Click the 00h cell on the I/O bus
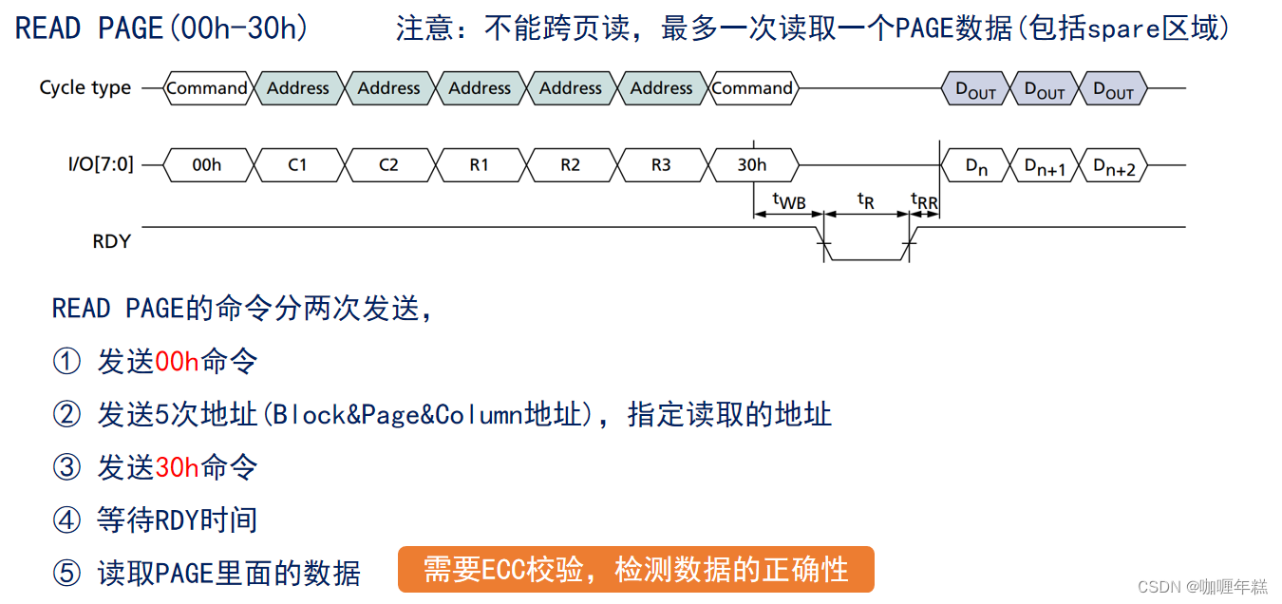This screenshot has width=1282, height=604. point(206,165)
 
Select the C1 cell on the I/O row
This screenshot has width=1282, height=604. point(297,165)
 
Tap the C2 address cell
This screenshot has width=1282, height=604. point(388,165)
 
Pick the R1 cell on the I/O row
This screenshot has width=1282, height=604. point(480,165)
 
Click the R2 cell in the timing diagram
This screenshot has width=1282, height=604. point(570,165)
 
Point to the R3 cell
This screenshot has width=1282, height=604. point(661,165)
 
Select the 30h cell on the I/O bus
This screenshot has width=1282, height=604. point(752,165)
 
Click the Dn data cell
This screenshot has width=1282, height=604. point(976,166)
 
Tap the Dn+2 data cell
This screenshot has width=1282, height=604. point(1113,166)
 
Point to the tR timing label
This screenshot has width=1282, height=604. point(865,199)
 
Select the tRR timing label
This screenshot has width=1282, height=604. point(924,199)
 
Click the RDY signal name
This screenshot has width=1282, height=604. point(111,241)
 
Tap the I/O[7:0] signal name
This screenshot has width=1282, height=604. point(101,165)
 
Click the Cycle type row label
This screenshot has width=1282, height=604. point(85,88)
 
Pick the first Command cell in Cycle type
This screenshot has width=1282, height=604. point(206,88)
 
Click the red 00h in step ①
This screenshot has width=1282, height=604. point(177,362)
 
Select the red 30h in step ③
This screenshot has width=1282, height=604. point(177,467)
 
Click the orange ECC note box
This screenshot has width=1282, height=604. point(635,570)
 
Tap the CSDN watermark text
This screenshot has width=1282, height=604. point(1201,587)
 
